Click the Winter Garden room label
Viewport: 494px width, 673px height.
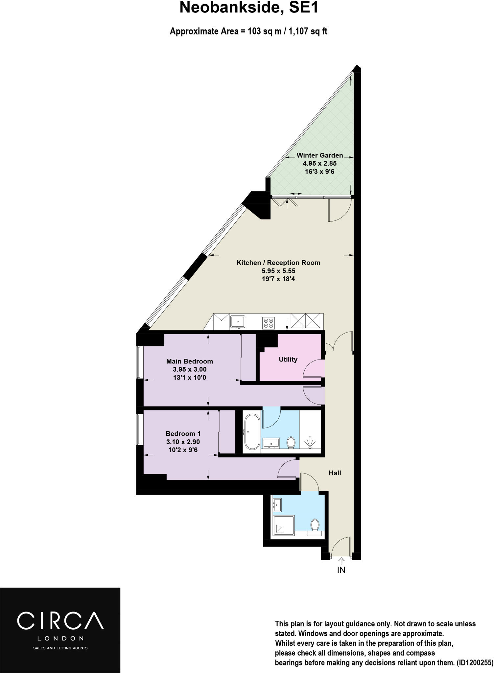tap(319, 155)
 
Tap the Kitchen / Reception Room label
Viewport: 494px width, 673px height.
tap(278, 263)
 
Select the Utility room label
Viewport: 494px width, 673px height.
tap(288, 359)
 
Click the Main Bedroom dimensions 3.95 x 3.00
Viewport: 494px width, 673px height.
tap(190, 369)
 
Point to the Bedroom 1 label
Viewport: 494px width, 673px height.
tap(183, 433)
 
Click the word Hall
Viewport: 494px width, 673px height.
tap(335, 473)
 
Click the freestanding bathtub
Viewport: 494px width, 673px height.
tap(252, 431)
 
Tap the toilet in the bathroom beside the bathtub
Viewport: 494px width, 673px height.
tap(291, 442)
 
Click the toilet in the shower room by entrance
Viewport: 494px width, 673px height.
tap(315, 525)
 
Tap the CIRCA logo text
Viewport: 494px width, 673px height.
tap(60, 620)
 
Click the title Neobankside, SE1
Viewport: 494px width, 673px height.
tap(249, 8)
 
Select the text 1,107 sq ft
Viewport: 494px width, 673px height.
tap(308, 32)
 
